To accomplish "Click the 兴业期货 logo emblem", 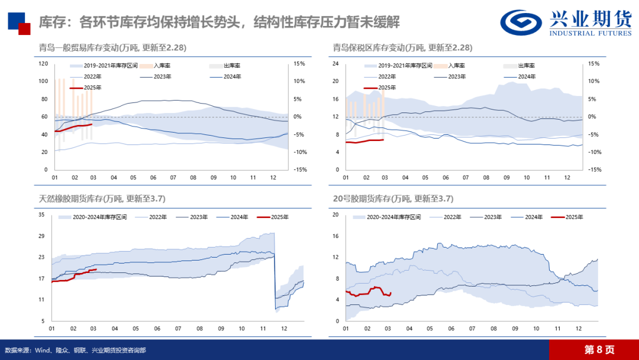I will coord(520,22).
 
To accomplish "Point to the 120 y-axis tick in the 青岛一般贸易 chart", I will coord(43,63).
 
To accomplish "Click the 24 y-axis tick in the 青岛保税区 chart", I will coord(335,63).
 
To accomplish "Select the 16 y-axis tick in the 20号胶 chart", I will coord(335,236).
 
